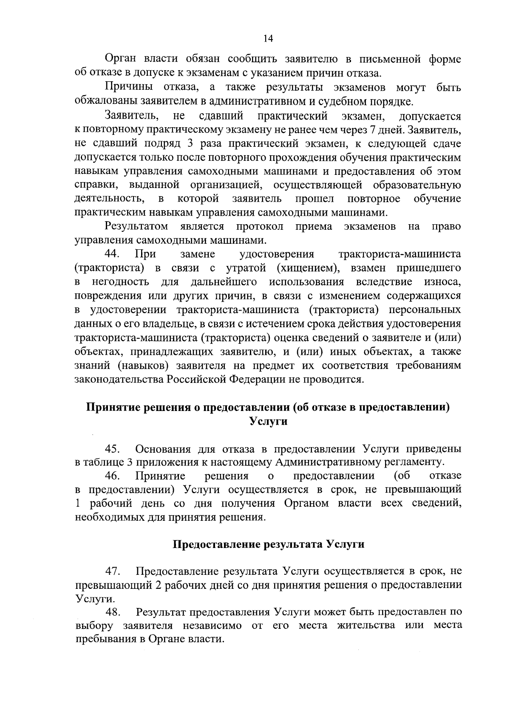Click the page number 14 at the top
pos(268,39)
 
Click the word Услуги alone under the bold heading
pos(268,421)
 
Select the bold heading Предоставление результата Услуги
pos(268,545)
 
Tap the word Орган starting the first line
pos(119,59)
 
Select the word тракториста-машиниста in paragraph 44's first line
pos(399,254)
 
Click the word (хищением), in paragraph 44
pos(309,268)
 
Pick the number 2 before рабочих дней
pos(158,584)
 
